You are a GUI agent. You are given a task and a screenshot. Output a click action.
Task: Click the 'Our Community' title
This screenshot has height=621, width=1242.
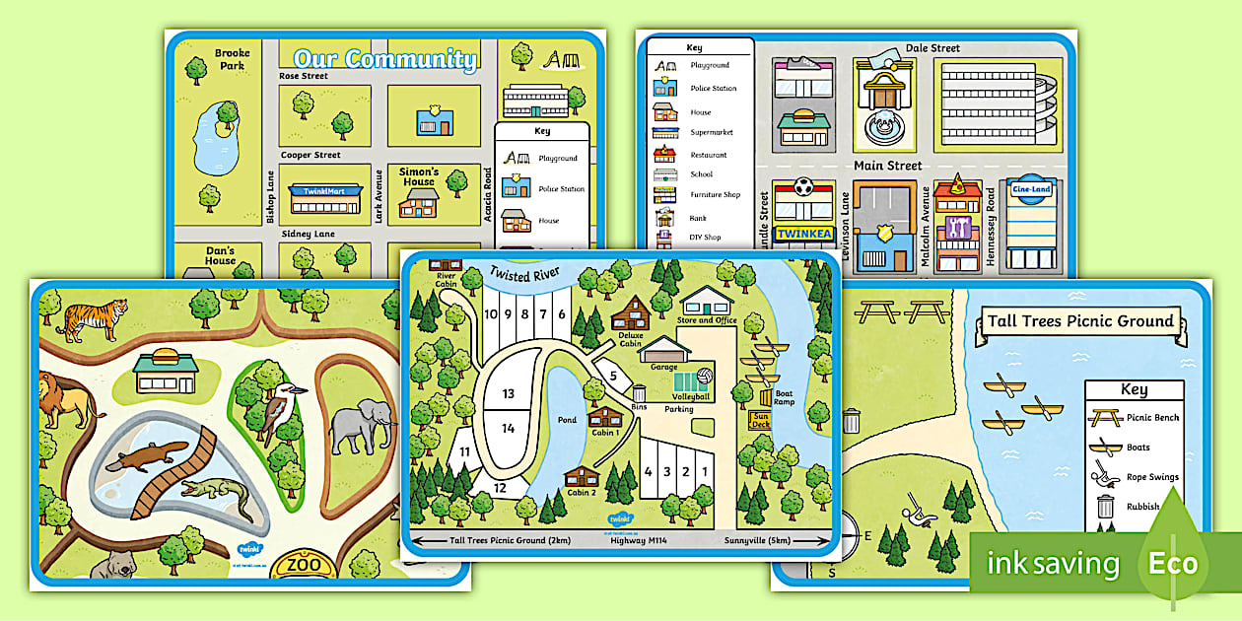pos(385,58)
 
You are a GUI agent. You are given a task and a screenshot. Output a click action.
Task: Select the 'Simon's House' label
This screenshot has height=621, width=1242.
pos(418,176)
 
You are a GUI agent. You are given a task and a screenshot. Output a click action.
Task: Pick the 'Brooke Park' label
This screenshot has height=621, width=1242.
pos(233,59)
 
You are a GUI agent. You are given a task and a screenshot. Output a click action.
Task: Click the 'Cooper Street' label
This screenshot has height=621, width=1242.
pos(310,155)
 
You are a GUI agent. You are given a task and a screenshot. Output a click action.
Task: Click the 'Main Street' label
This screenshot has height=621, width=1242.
pos(887,166)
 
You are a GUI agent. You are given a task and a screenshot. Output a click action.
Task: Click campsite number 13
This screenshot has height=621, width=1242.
pos(508,393)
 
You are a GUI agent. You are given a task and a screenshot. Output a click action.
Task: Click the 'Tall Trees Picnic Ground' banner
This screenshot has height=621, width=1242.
pos(1080,320)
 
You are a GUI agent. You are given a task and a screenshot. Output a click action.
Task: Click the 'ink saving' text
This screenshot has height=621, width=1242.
pos(1053,565)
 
